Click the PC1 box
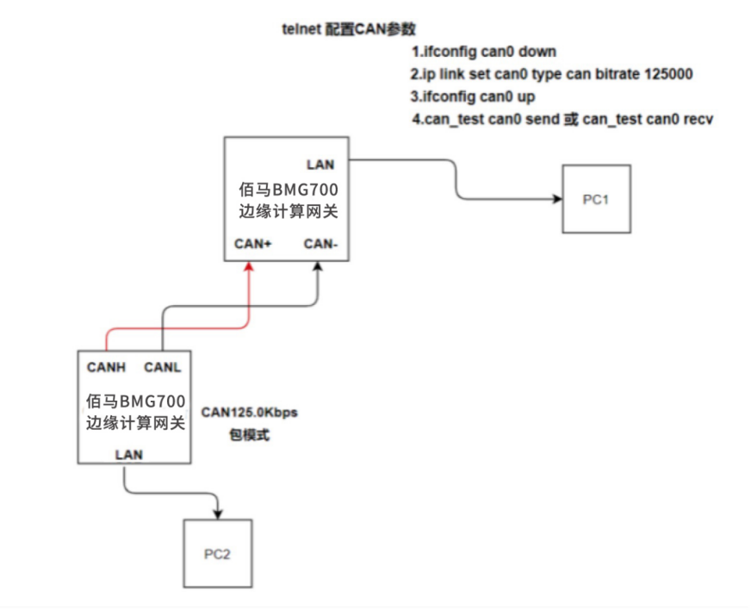[x=596, y=199]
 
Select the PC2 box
[x=217, y=552]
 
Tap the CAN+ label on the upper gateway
[x=253, y=244]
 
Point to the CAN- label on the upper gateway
[x=320, y=244]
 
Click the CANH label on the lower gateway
[x=108, y=367]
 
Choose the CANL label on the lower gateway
[x=162, y=367]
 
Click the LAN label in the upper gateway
[x=320, y=164]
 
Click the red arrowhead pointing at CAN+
[x=248, y=268]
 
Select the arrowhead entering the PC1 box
[x=556, y=199]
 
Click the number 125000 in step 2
[x=668, y=74]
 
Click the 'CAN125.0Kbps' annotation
[x=249, y=413]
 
